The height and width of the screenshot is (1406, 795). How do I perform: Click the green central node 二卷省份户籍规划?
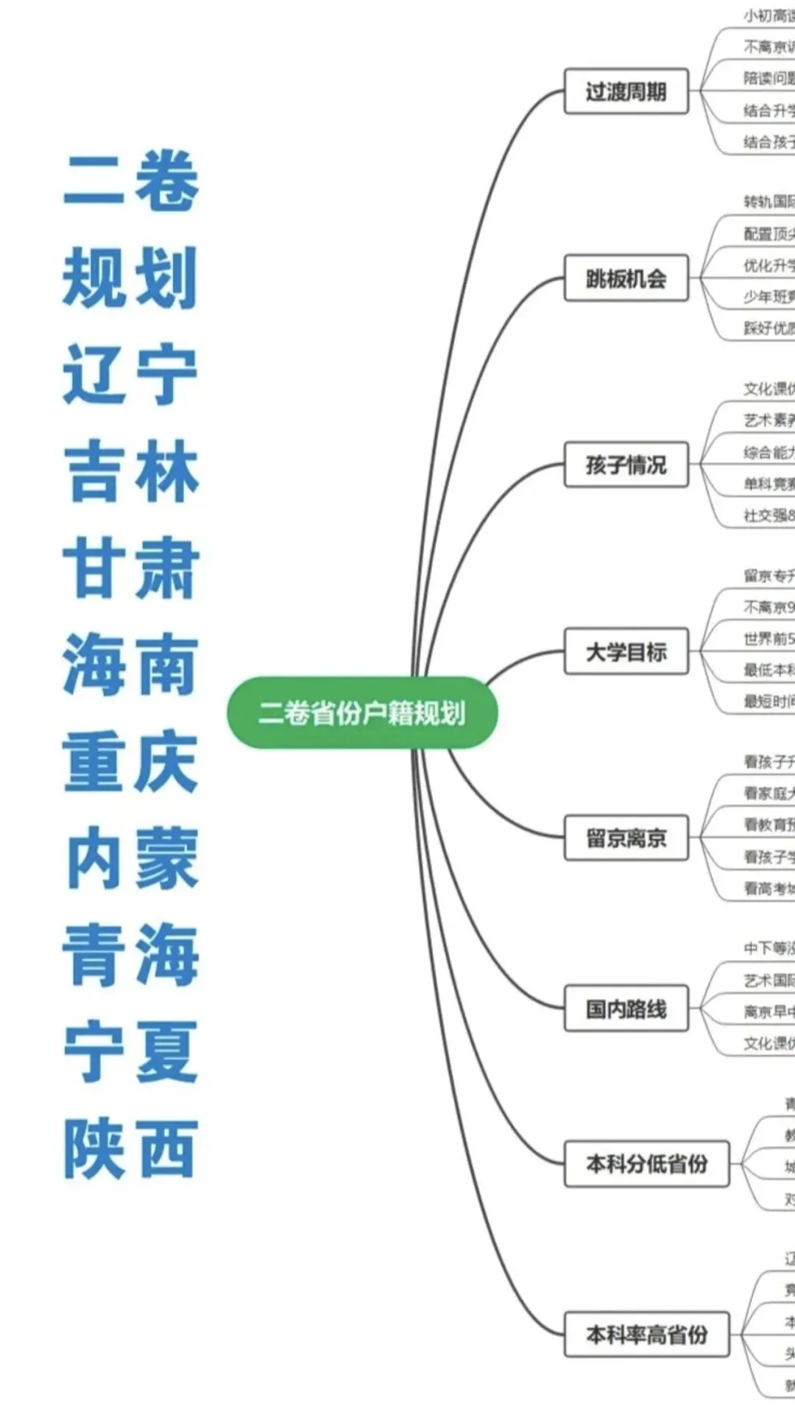pos(361,713)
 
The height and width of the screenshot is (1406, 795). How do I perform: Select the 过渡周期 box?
pos(626,91)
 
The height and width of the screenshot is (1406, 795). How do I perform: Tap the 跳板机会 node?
pos(626,278)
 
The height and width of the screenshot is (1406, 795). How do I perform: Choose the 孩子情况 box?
pos(626,464)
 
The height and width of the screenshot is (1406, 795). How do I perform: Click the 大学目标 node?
pos(626,651)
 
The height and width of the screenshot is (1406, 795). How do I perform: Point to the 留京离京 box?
pos(626,838)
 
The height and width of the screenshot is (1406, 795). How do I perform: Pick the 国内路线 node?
pos(626,1008)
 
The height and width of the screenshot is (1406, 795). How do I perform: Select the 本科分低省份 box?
pos(646,1164)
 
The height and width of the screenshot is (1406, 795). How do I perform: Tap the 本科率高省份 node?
pos(646,1335)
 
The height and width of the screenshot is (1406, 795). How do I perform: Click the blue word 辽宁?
pos(130,374)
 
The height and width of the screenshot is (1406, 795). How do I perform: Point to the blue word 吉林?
pos(130,471)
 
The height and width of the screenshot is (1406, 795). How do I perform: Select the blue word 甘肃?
pos(130,568)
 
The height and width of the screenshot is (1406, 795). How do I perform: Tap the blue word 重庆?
pos(130,761)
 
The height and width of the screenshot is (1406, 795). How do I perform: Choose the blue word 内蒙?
pos(130,858)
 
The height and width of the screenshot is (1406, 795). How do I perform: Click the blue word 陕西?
pos(130,1148)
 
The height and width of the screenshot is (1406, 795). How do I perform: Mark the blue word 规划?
pos(130,278)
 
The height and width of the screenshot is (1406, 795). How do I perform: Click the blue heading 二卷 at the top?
pos(130,180)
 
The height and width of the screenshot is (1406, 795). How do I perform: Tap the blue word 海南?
pos(130,664)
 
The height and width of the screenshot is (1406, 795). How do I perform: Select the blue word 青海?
pos(130,955)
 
